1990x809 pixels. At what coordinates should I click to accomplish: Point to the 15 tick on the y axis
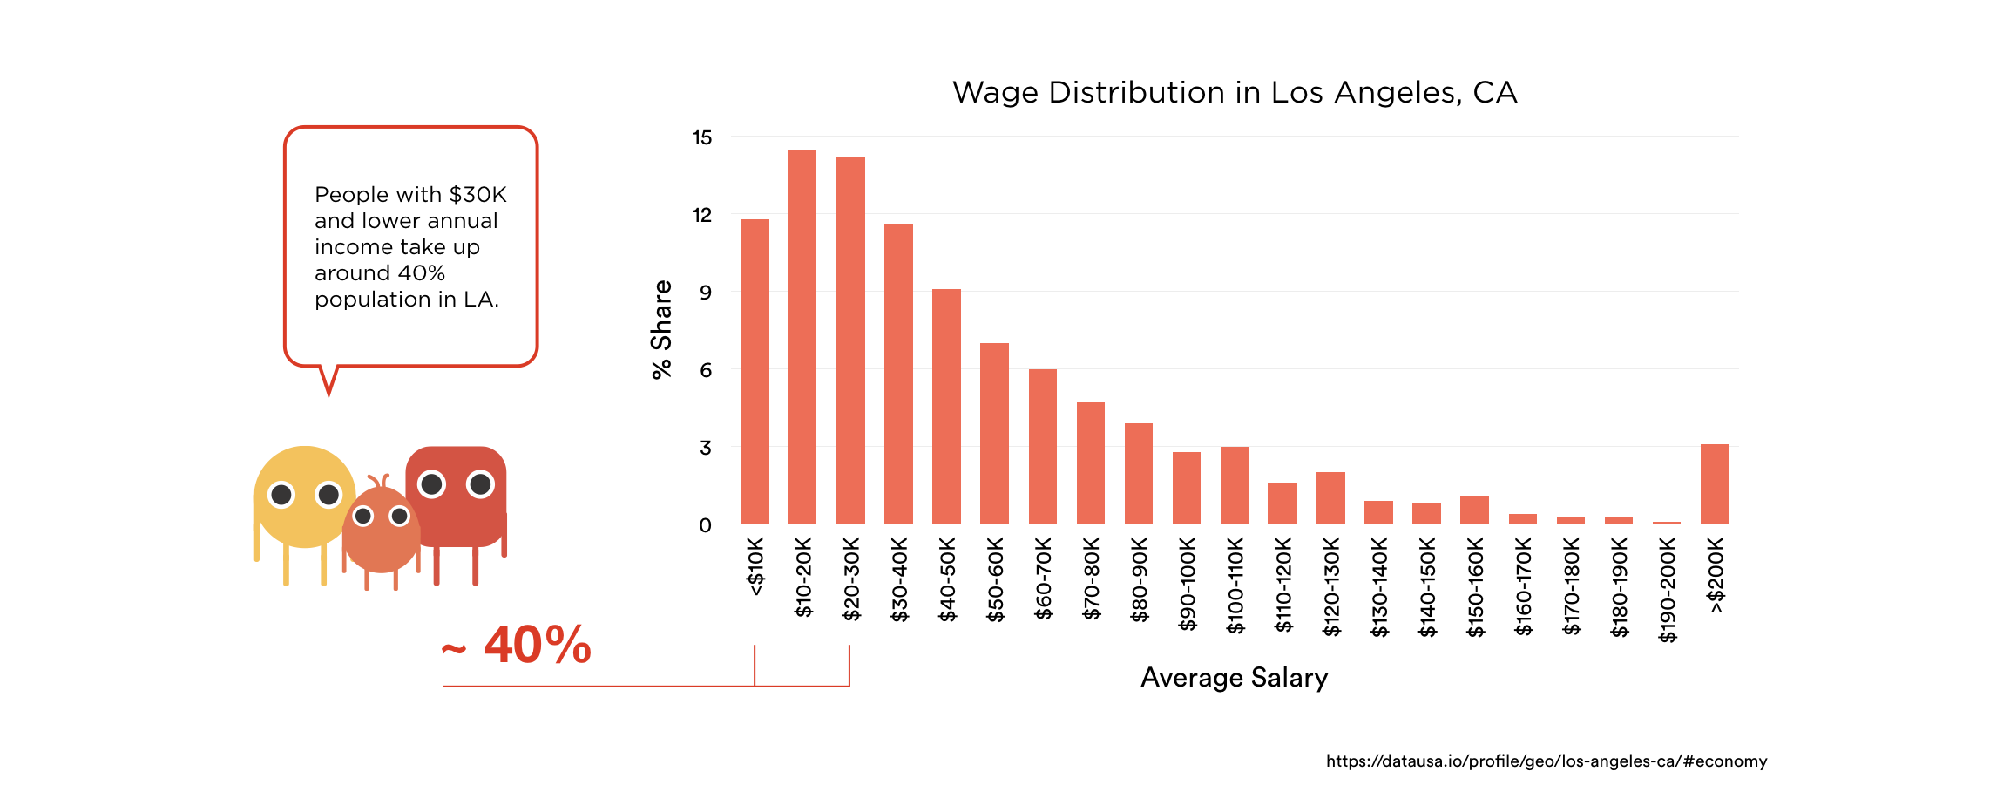coord(701,138)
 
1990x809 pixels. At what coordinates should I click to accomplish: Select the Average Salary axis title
coord(1234,678)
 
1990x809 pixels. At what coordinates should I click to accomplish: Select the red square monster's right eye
coord(481,485)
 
